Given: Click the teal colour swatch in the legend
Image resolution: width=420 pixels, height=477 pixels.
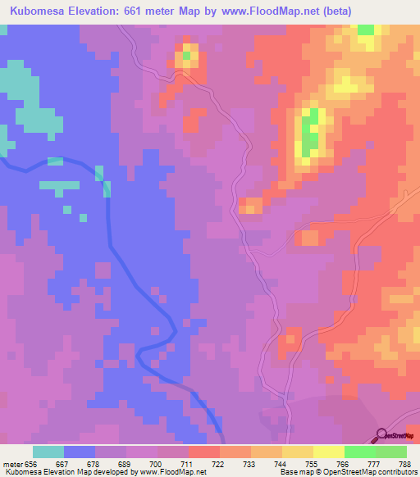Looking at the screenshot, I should point(48,452).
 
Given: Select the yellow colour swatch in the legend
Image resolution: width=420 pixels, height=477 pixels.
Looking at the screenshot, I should point(328,452).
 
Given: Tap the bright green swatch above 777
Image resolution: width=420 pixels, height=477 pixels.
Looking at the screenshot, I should point(359,452).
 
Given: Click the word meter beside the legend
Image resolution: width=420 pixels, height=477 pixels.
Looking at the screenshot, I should point(12,463).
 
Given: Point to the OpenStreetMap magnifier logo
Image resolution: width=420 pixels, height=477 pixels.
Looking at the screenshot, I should point(381,434).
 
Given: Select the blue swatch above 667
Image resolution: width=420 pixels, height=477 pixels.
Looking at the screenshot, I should point(80,452).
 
